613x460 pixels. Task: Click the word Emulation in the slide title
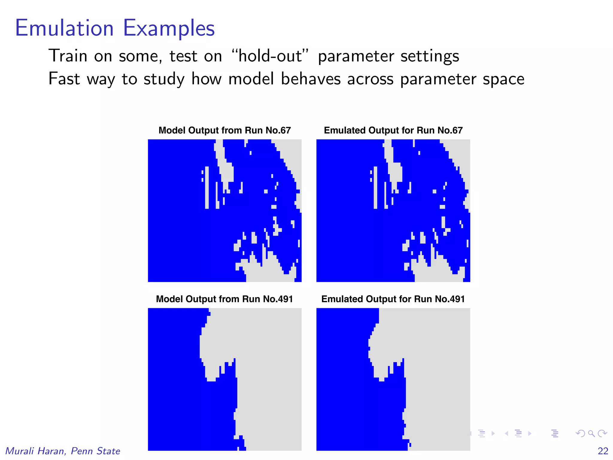coord(64,28)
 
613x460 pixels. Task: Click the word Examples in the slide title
coord(169,28)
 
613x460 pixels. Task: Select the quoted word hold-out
coord(270,56)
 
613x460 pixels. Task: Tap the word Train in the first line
coord(68,56)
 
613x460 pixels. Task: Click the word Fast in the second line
coord(64,79)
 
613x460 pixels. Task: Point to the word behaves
coord(311,79)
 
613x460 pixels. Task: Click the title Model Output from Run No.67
coord(224,130)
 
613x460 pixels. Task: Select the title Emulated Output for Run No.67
coord(393,130)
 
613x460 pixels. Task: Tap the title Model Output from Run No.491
coord(224,299)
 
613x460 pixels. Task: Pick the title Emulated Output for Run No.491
coord(393,299)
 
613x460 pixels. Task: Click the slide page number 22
coord(603,451)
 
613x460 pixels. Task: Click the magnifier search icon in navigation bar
coord(591,433)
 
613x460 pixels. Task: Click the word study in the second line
coord(164,79)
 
